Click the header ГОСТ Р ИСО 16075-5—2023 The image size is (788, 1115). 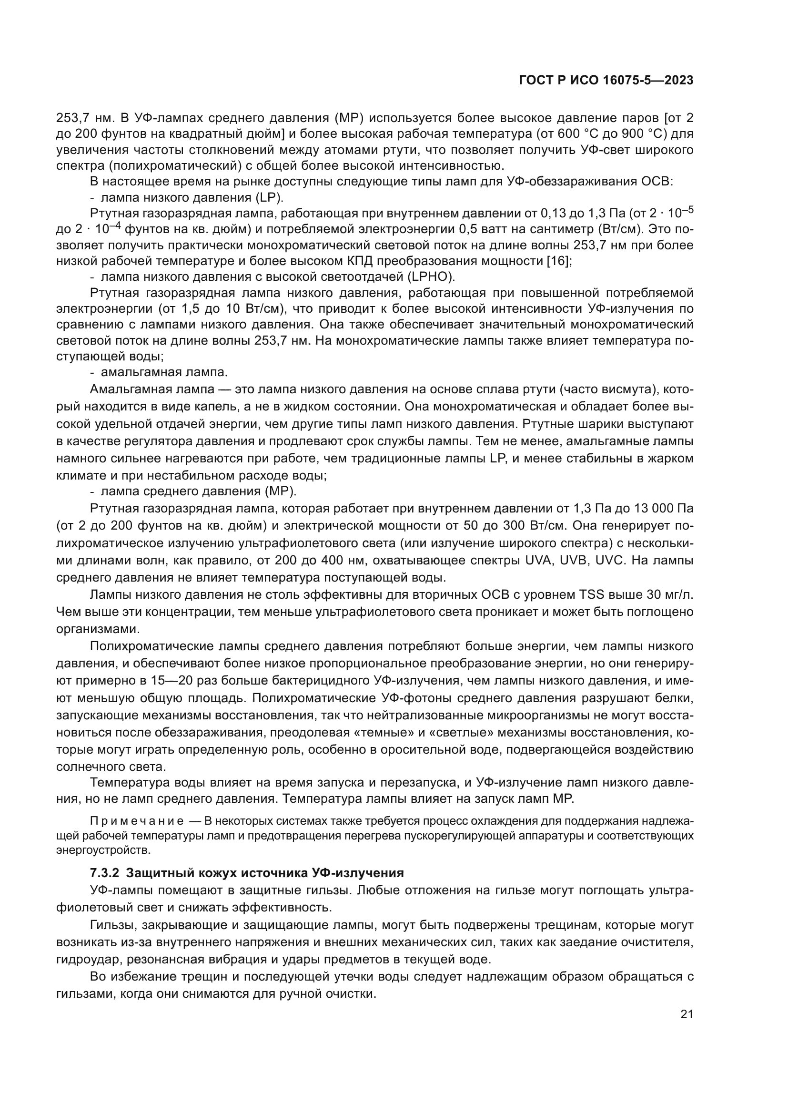[606, 81]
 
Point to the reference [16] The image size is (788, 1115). [558, 261]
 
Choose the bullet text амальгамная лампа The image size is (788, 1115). [163, 372]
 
